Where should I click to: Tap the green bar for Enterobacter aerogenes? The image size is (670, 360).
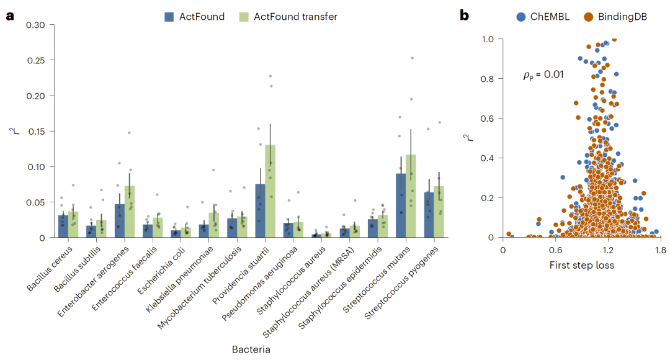[129, 212]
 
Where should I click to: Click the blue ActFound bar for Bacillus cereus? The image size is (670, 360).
[63, 227]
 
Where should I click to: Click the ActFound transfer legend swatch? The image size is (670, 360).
[243, 17]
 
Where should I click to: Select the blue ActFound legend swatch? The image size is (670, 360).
[169, 17]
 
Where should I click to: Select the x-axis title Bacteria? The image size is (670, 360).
[251, 349]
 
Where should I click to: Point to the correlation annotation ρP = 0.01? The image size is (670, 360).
[543, 76]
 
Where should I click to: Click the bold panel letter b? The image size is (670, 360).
[464, 16]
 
